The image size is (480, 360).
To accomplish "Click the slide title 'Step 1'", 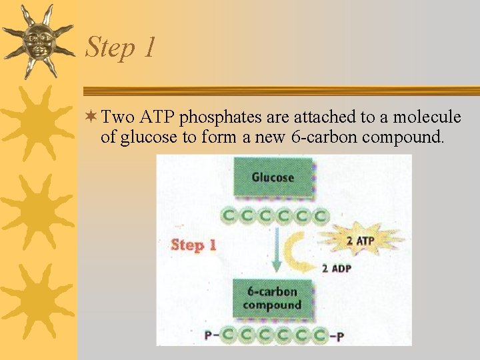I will click(121, 47).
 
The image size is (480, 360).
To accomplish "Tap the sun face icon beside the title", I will click(37, 41).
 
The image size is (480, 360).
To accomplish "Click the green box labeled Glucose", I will click(273, 177).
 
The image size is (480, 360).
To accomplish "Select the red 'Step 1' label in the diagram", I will click(193, 245).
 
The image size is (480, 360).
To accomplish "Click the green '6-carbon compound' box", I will click(272, 298).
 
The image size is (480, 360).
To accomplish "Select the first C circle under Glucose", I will click(229, 215).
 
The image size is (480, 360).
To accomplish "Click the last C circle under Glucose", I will click(321, 215).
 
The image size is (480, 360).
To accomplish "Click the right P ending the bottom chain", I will click(340, 336).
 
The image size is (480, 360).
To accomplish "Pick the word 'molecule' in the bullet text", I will click(427, 118).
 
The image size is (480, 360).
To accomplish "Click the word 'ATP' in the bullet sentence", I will click(157, 118).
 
